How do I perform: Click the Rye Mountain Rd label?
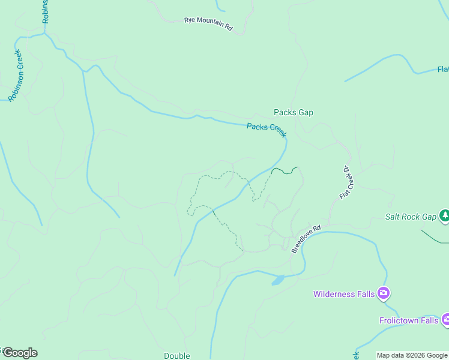[208, 24]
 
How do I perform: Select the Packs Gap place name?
[294, 112]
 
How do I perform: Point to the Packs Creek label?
[267, 130]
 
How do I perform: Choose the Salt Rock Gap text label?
[411, 217]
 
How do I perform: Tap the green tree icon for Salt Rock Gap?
[444, 215]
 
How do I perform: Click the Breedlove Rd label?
[306, 239]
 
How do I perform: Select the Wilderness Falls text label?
[344, 294]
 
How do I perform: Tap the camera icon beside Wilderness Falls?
[384, 293]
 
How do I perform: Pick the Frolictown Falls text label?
[408, 320]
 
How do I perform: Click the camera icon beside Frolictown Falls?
[445, 320]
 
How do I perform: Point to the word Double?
[177, 356]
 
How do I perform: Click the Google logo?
[19, 353]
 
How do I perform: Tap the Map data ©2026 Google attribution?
[412, 356]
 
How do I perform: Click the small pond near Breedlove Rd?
[277, 280]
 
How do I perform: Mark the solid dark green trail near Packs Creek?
[285, 172]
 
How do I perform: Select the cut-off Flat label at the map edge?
[443, 69]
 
